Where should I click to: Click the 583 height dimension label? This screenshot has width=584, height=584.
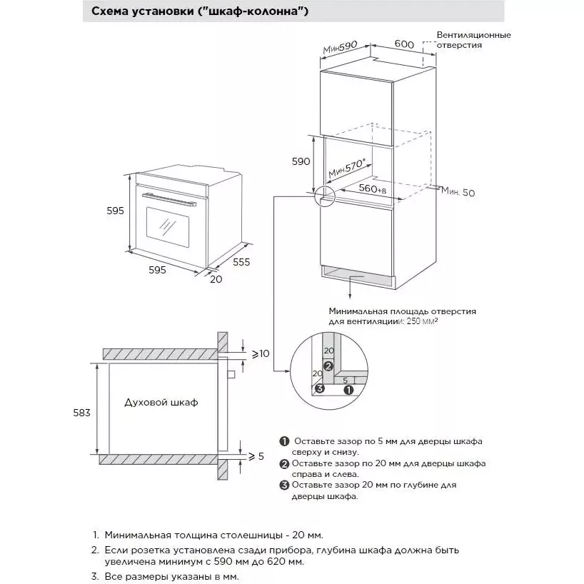pyautogui.click(x=81, y=413)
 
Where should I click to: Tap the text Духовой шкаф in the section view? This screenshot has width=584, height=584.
pyautogui.click(x=161, y=402)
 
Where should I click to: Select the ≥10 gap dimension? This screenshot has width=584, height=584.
pyautogui.click(x=261, y=353)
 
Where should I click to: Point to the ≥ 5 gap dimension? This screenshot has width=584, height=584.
pyautogui.click(x=256, y=456)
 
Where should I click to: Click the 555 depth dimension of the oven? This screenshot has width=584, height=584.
pyautogui.click(x=241, y=262)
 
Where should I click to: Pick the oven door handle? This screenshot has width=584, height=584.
pyautogui.click(x=169, y=199)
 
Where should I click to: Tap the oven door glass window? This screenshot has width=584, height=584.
pyautogui.click(x=168, y=228)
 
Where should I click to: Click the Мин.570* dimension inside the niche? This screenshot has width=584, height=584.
pyautogui.click(x=347, y=168)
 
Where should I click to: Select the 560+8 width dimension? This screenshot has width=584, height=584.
pyautogui.click(x=373, y=188)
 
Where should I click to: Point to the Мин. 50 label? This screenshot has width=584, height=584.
pyautogui.click(x=458, y=192)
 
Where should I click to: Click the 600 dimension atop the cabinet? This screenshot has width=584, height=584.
pyautogui.click(x=404, y=44)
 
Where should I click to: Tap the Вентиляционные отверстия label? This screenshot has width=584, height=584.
pyautogui.click(x=474, y=40)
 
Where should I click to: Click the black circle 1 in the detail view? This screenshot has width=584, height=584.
pyautogui.click(x=348, y=390)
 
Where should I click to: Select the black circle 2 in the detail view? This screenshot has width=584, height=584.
pyautogui.click(x=328, y=366)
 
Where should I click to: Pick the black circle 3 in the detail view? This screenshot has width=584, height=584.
pyautogui.click(x=320, y=389)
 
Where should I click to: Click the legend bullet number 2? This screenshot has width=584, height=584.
pyautogui.click(x=284, y=464)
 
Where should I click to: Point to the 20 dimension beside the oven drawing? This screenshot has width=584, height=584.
pyautogui.click(x=216, y=279)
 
